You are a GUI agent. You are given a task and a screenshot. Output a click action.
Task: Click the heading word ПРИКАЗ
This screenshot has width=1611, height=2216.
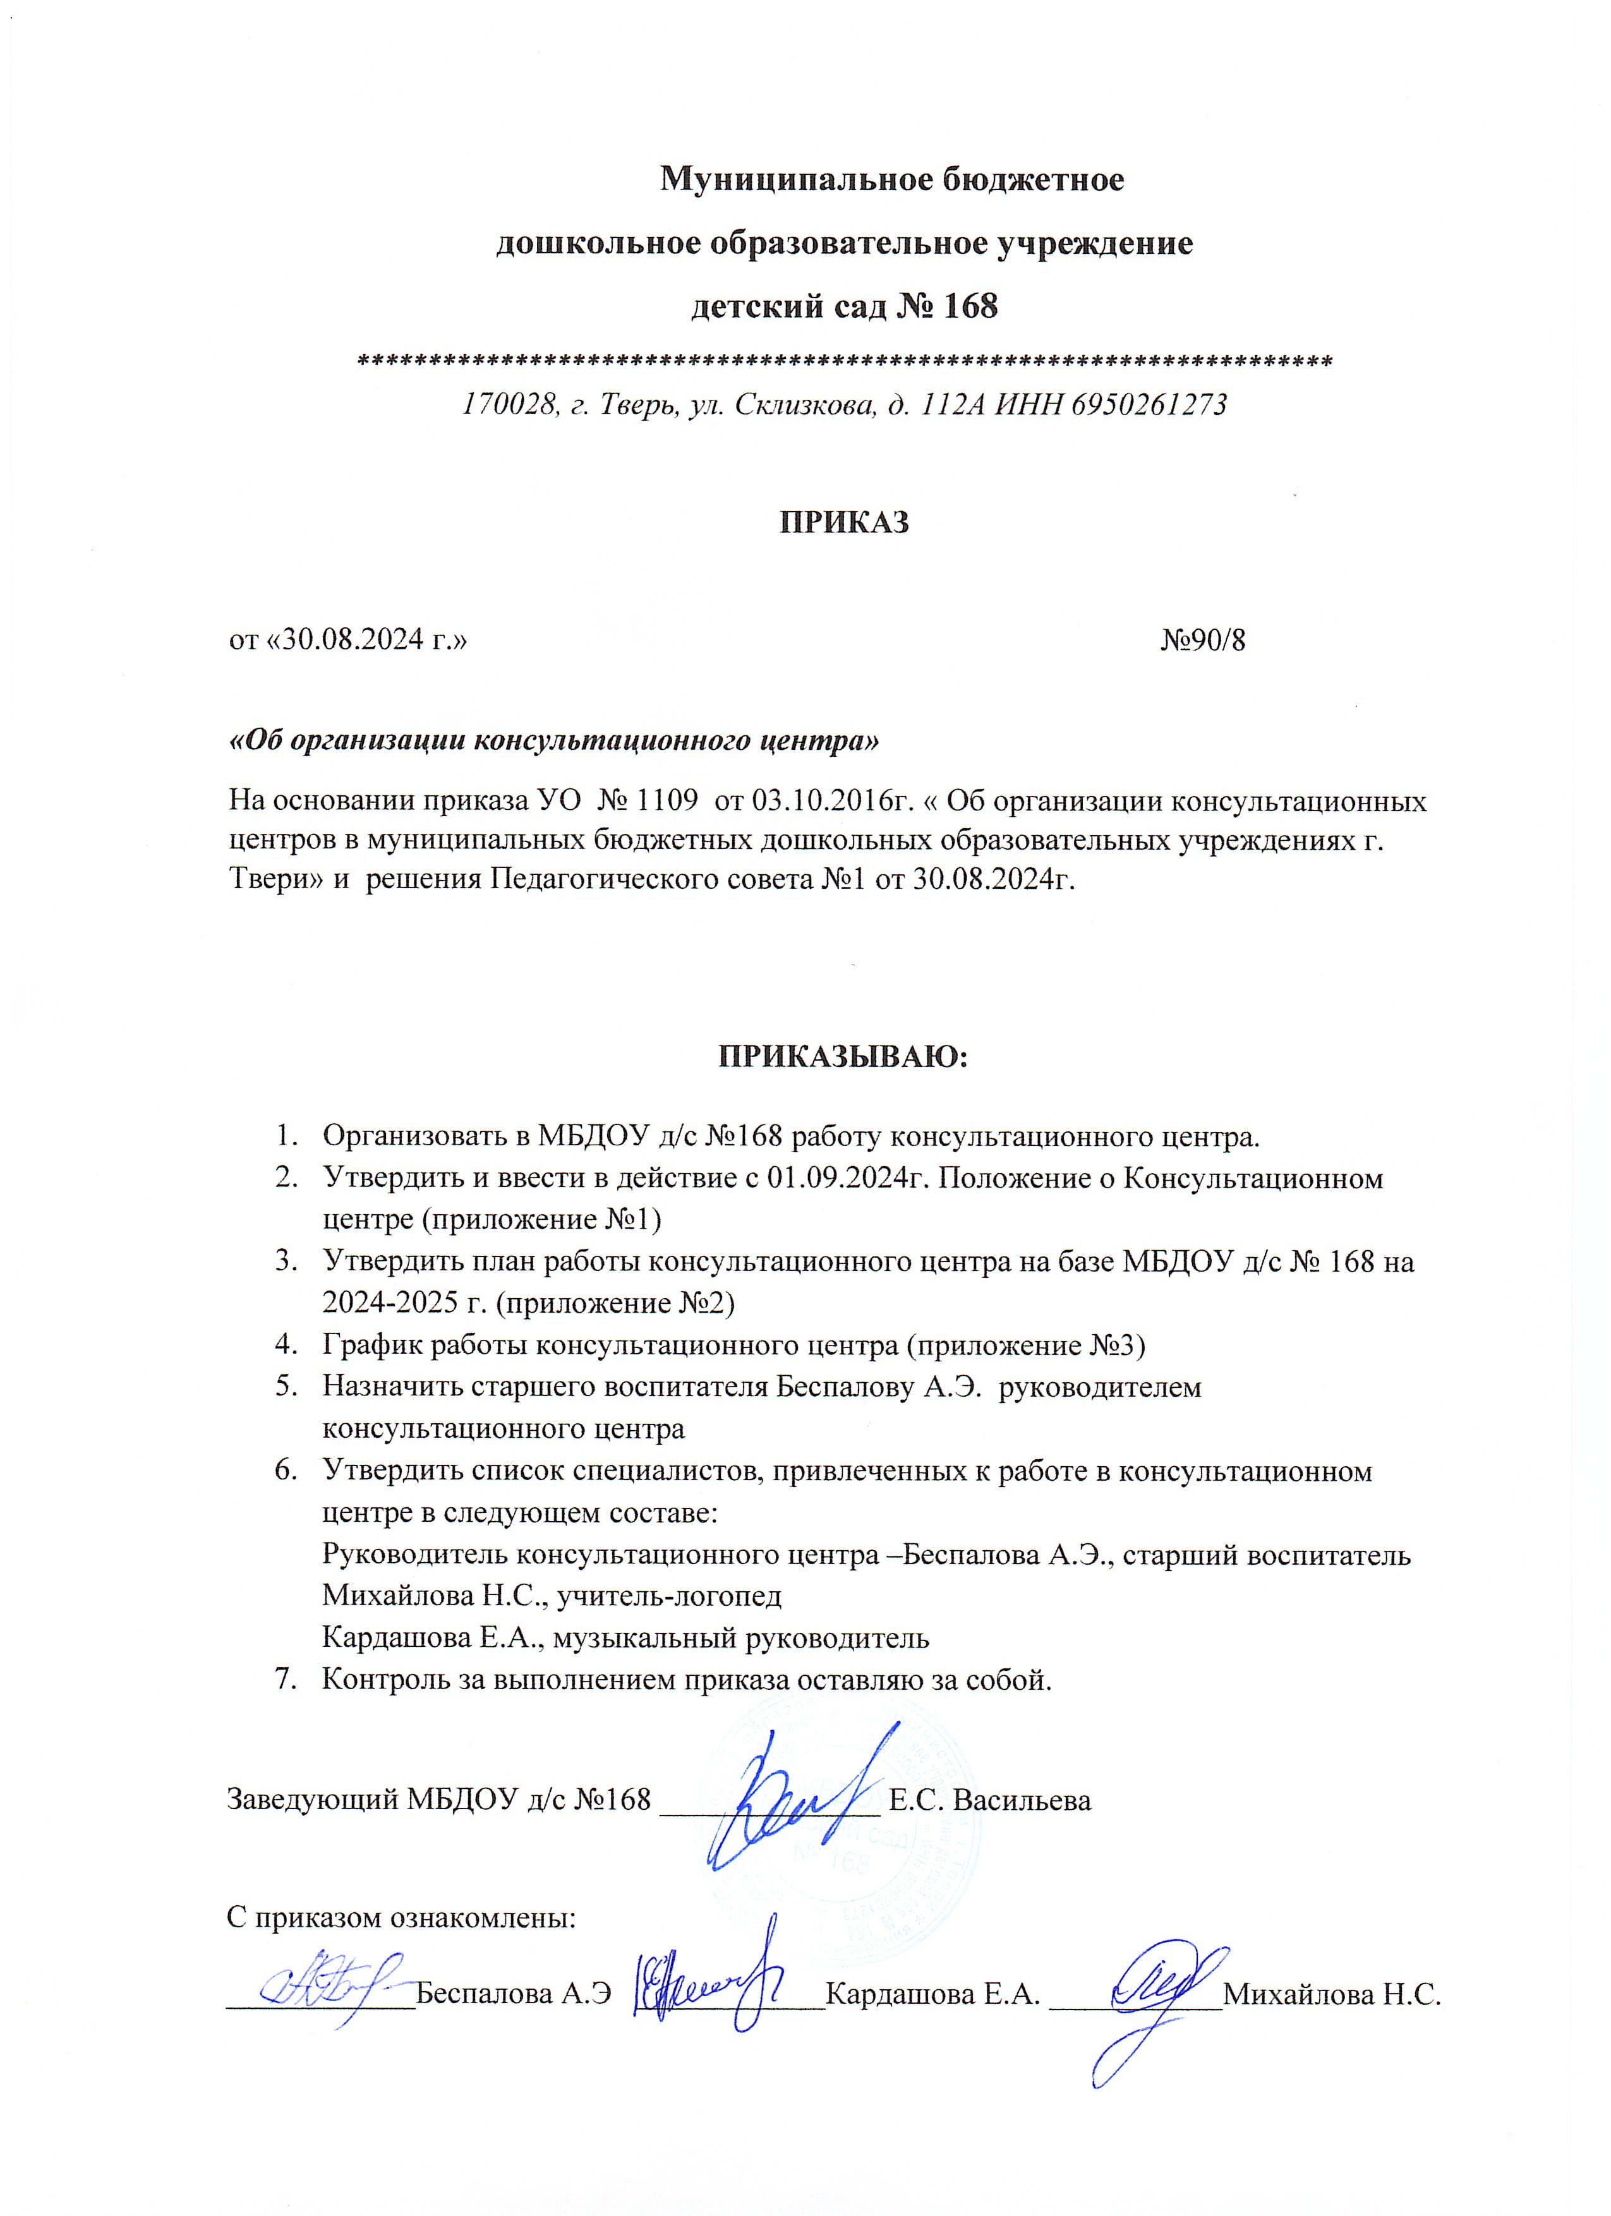844,523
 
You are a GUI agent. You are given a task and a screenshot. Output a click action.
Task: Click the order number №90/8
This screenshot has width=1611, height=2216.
1203,641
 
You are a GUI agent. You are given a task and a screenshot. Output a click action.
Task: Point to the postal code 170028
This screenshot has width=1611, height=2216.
508,404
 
